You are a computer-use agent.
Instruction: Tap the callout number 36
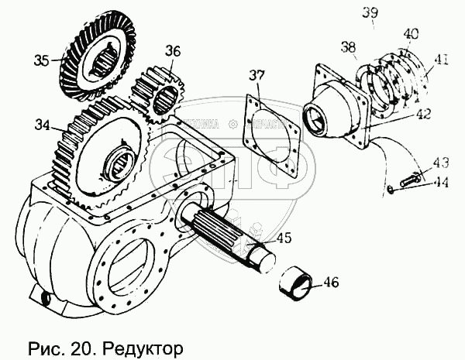coord(172,52)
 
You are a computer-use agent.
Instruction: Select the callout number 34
coord(42,123)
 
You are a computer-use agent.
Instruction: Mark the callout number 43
coord(440,163)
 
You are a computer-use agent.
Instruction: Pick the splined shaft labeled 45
coord(225,231)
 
